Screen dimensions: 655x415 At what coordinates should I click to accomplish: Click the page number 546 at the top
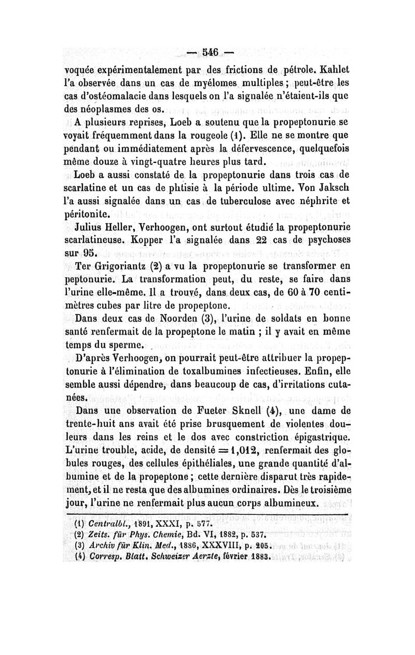(x=208, y=53)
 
